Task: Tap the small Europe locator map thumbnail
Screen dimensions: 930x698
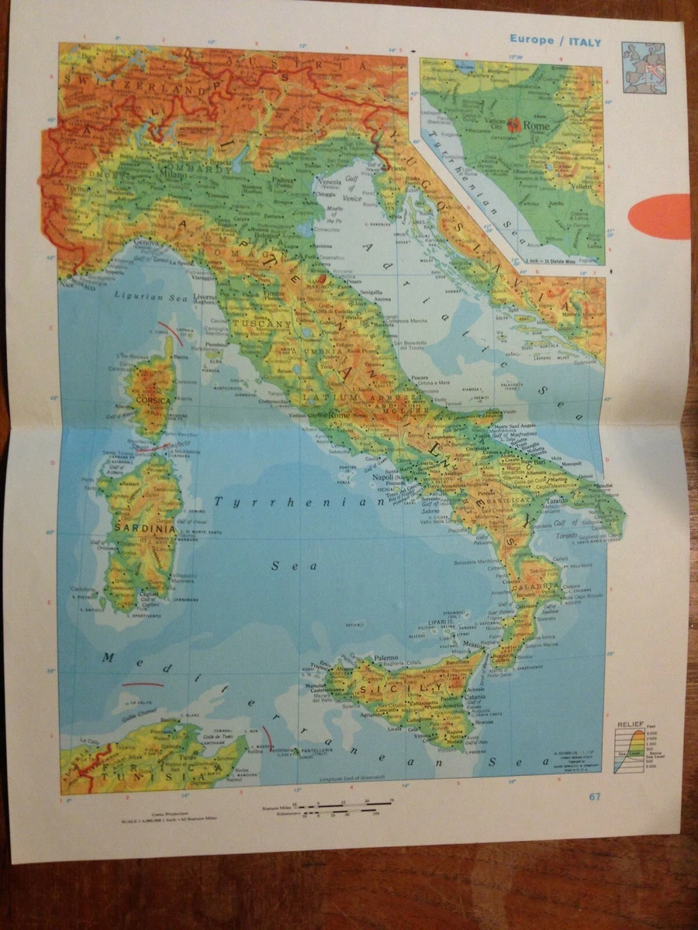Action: click(x=644, y=67)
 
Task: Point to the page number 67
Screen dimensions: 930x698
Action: click(x=595, y=796)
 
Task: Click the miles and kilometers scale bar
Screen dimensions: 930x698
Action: click(x=341, y=810)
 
